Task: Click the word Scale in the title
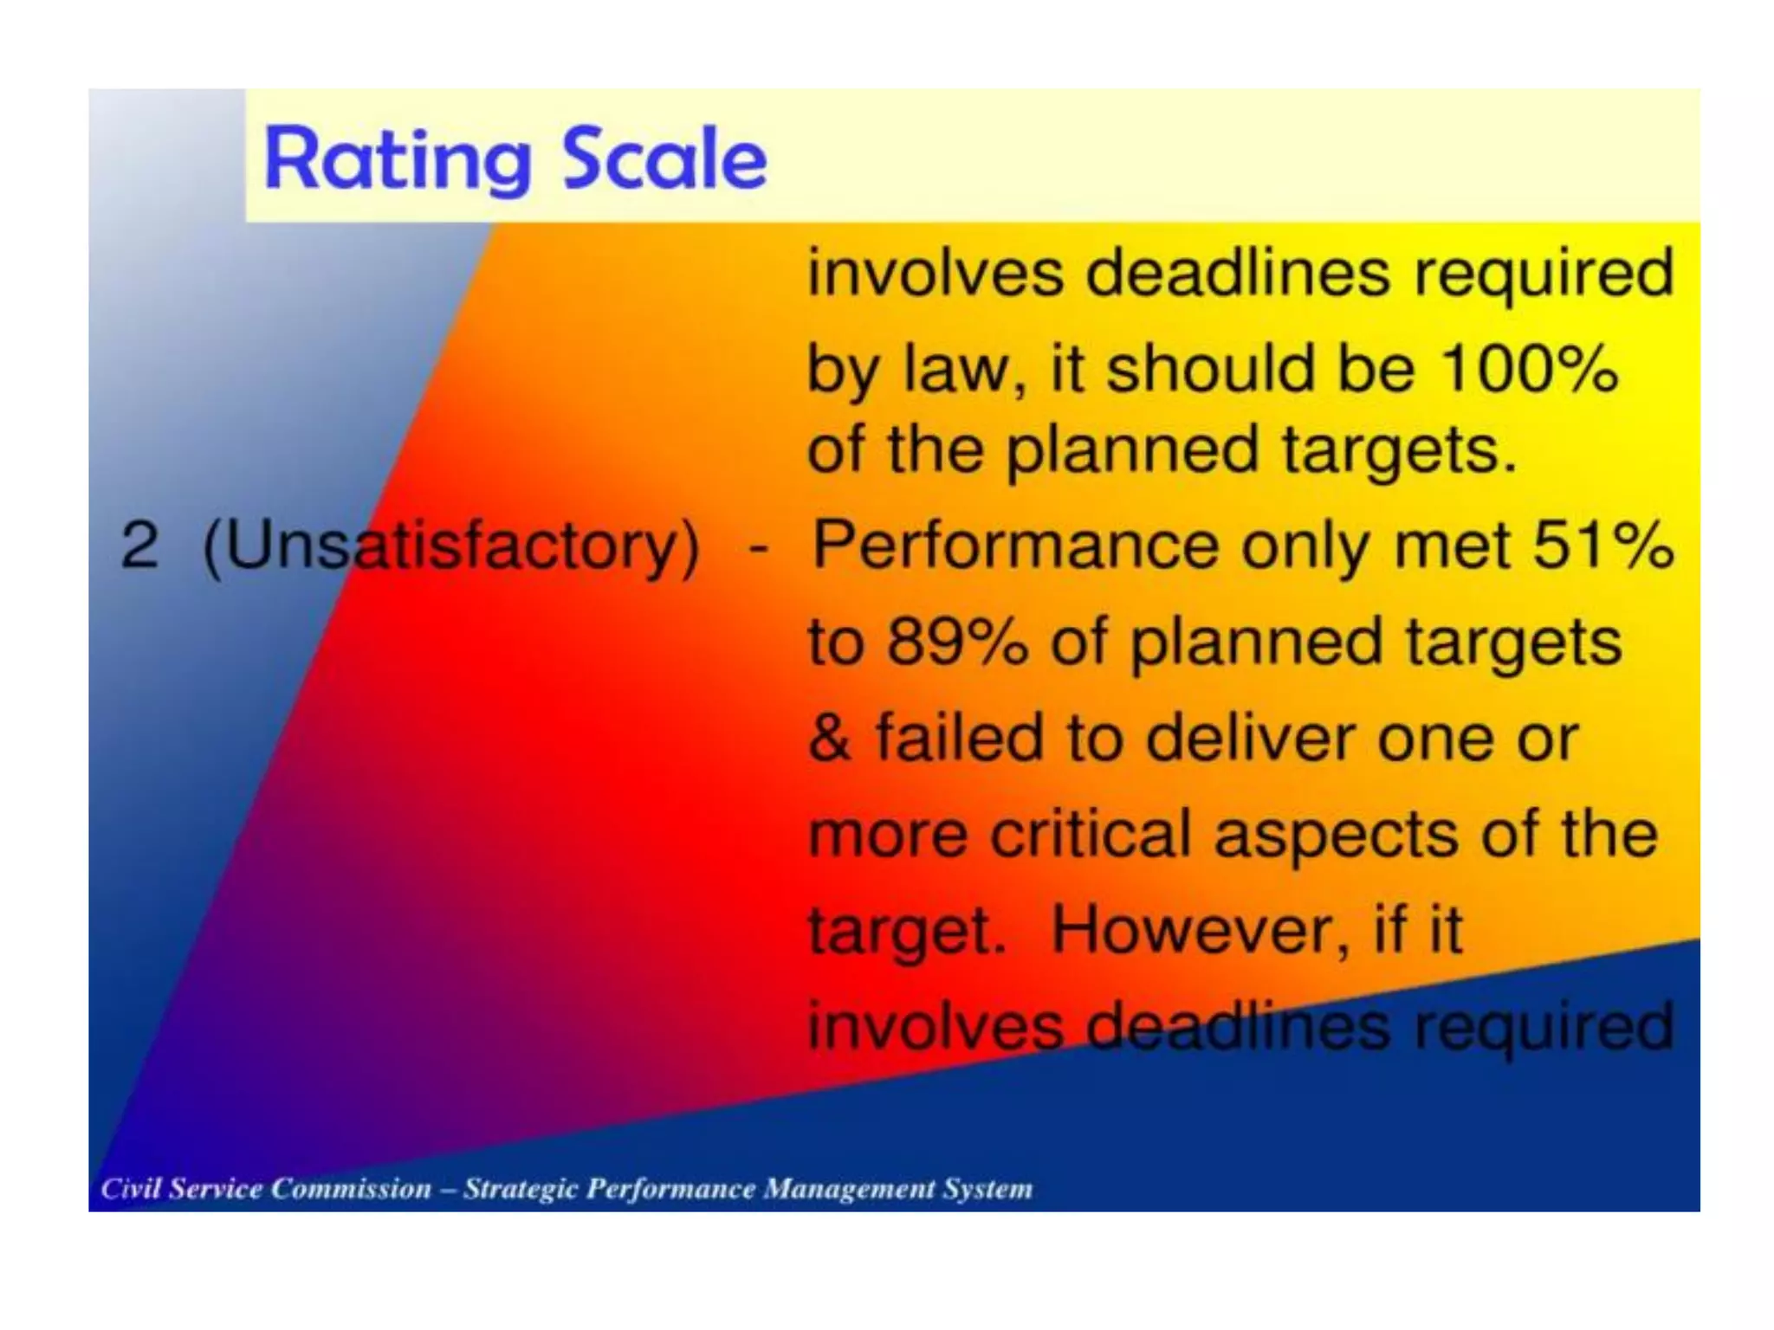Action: point(664,158)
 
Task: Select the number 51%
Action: point(1602,546)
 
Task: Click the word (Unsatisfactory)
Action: point(450,547)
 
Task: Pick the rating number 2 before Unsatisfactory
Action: point(139,546)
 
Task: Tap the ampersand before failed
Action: point(829,738)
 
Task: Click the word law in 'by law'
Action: point(956,369)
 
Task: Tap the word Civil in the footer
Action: point(130,1188)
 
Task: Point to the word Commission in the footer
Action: point(351,1188)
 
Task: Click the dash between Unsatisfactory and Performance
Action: point(757,547)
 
